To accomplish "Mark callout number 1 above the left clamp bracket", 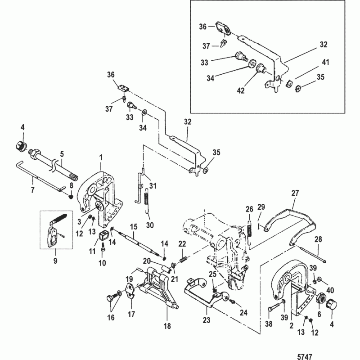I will [101, 157].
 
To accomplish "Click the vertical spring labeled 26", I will [249, 229].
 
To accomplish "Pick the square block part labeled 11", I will [104, 234].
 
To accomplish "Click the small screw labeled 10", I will [103, 247].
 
